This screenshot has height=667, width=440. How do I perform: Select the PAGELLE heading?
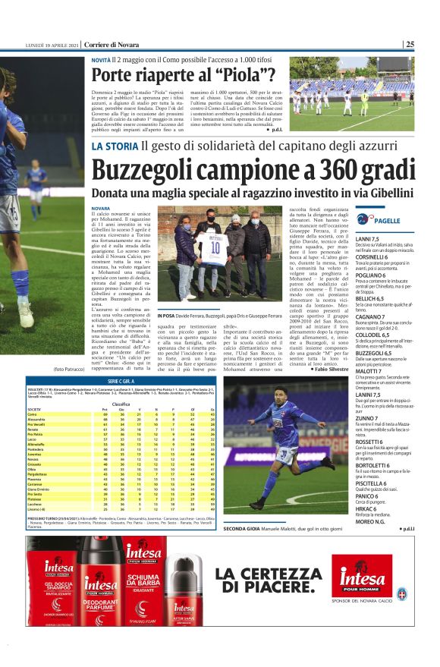[x=387, y=220]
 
